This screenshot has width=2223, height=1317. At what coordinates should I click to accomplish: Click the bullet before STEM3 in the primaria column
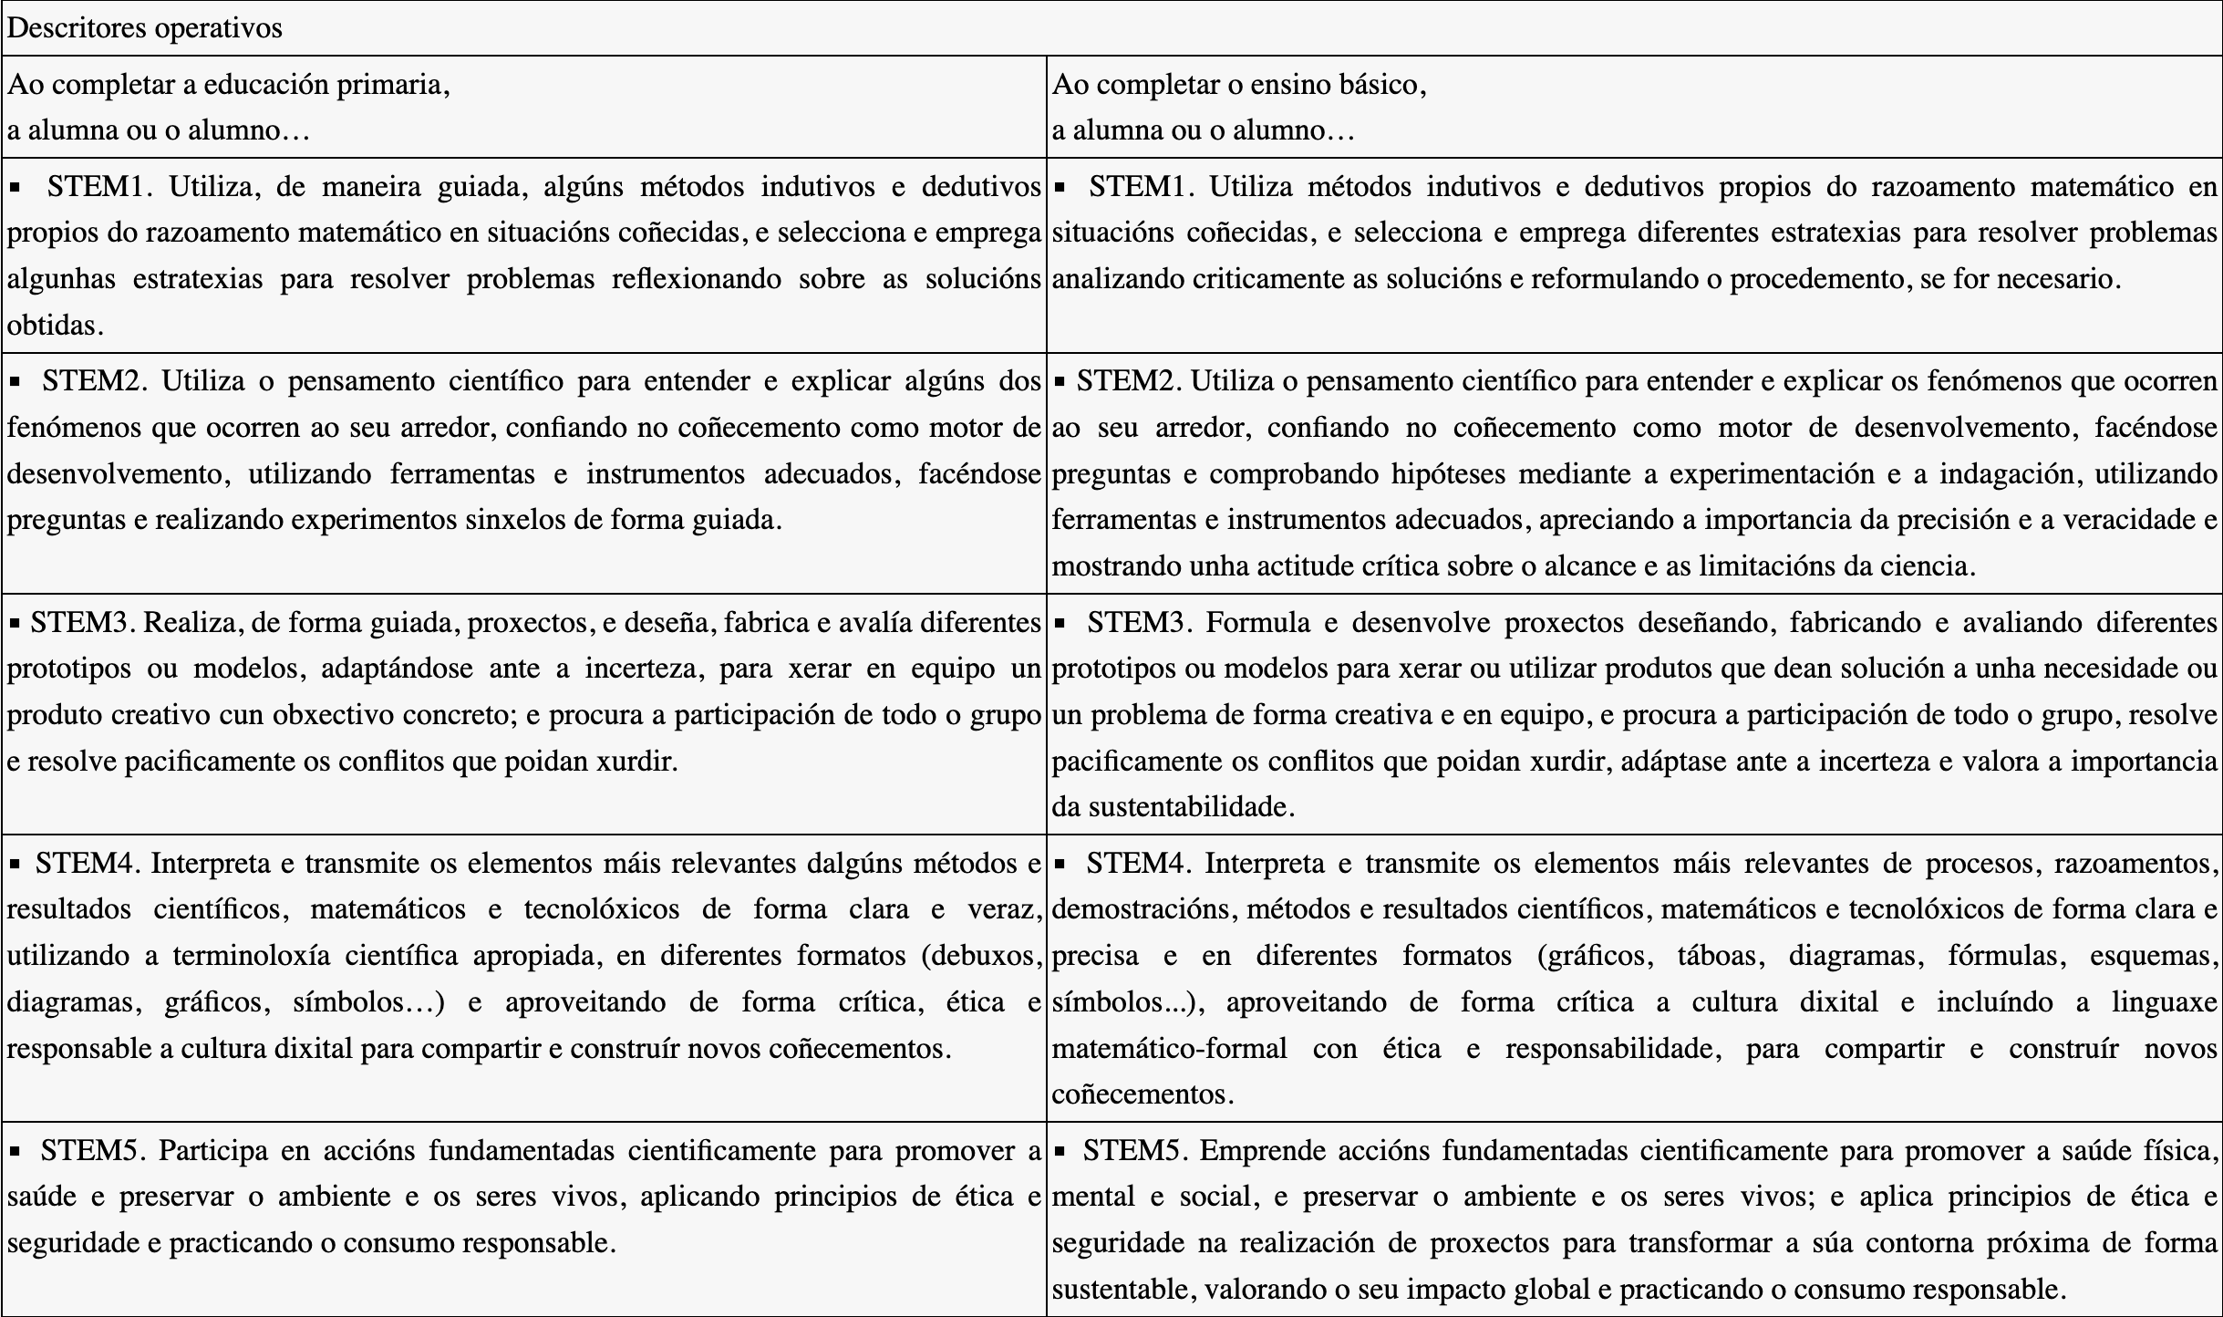point(15,624)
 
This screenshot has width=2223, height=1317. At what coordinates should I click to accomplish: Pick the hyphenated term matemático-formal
point(1169,1049)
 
